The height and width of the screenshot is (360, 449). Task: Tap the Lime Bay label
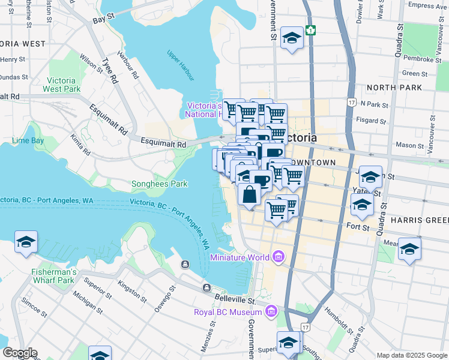click(28, 141)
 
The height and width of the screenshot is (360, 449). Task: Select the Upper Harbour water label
click(181, 65)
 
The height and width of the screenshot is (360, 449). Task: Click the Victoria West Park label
click(61, 85)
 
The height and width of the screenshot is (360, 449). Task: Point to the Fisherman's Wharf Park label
click(53, 276)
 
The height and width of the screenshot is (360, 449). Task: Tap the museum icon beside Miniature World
click(277, 257)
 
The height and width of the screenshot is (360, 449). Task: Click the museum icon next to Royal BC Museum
click(271, 312)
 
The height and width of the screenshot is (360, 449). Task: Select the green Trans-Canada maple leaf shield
click(310, 30)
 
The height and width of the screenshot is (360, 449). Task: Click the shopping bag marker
click(249, 194)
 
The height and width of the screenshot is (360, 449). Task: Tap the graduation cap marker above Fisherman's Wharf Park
click(26, 242)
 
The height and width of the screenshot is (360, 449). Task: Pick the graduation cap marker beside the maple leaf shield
click(292, 39)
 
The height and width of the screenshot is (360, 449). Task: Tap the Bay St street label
click(103, 20)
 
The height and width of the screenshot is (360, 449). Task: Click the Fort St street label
click(357, 226)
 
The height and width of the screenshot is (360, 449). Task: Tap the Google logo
click(19, 353)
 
